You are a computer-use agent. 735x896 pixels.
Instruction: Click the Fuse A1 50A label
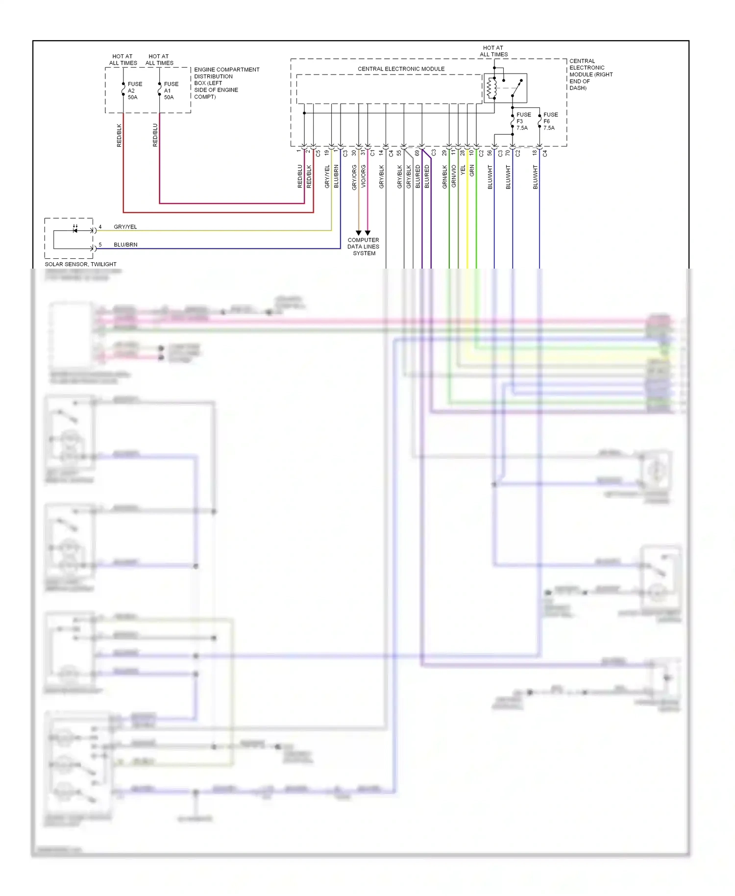tap(171, 91)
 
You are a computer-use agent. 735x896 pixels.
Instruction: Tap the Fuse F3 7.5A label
tap(523, 121)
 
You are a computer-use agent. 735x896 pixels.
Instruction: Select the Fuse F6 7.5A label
tap(550, 121)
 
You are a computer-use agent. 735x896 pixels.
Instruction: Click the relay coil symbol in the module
tap(491, 88)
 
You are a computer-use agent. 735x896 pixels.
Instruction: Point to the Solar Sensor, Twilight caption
tap(80, 264)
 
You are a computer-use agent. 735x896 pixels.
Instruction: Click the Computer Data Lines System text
tap(363, 247)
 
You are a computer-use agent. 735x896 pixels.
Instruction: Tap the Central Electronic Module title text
tap(401, 69)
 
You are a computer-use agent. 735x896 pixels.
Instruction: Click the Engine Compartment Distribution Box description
tap(226, 83)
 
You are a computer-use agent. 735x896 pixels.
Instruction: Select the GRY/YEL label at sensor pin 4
tap(125, 227)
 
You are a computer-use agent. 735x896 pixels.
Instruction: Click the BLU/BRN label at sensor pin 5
tap(125, 245)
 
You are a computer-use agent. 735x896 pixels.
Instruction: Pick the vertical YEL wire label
tap(463, 171)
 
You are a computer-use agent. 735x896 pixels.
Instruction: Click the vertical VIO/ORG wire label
tap(364, 176)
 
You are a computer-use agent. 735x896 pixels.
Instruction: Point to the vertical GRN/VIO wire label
tap(454, 176)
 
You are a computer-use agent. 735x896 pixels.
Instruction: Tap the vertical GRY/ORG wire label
tap(354, 177)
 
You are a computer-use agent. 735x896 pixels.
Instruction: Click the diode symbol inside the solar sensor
tap(75, 230)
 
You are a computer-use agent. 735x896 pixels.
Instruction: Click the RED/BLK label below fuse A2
tap(119, 135)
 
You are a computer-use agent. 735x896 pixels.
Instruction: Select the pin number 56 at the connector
tap(490, 153)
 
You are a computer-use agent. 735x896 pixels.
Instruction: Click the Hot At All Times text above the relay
tap(493, 51)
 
